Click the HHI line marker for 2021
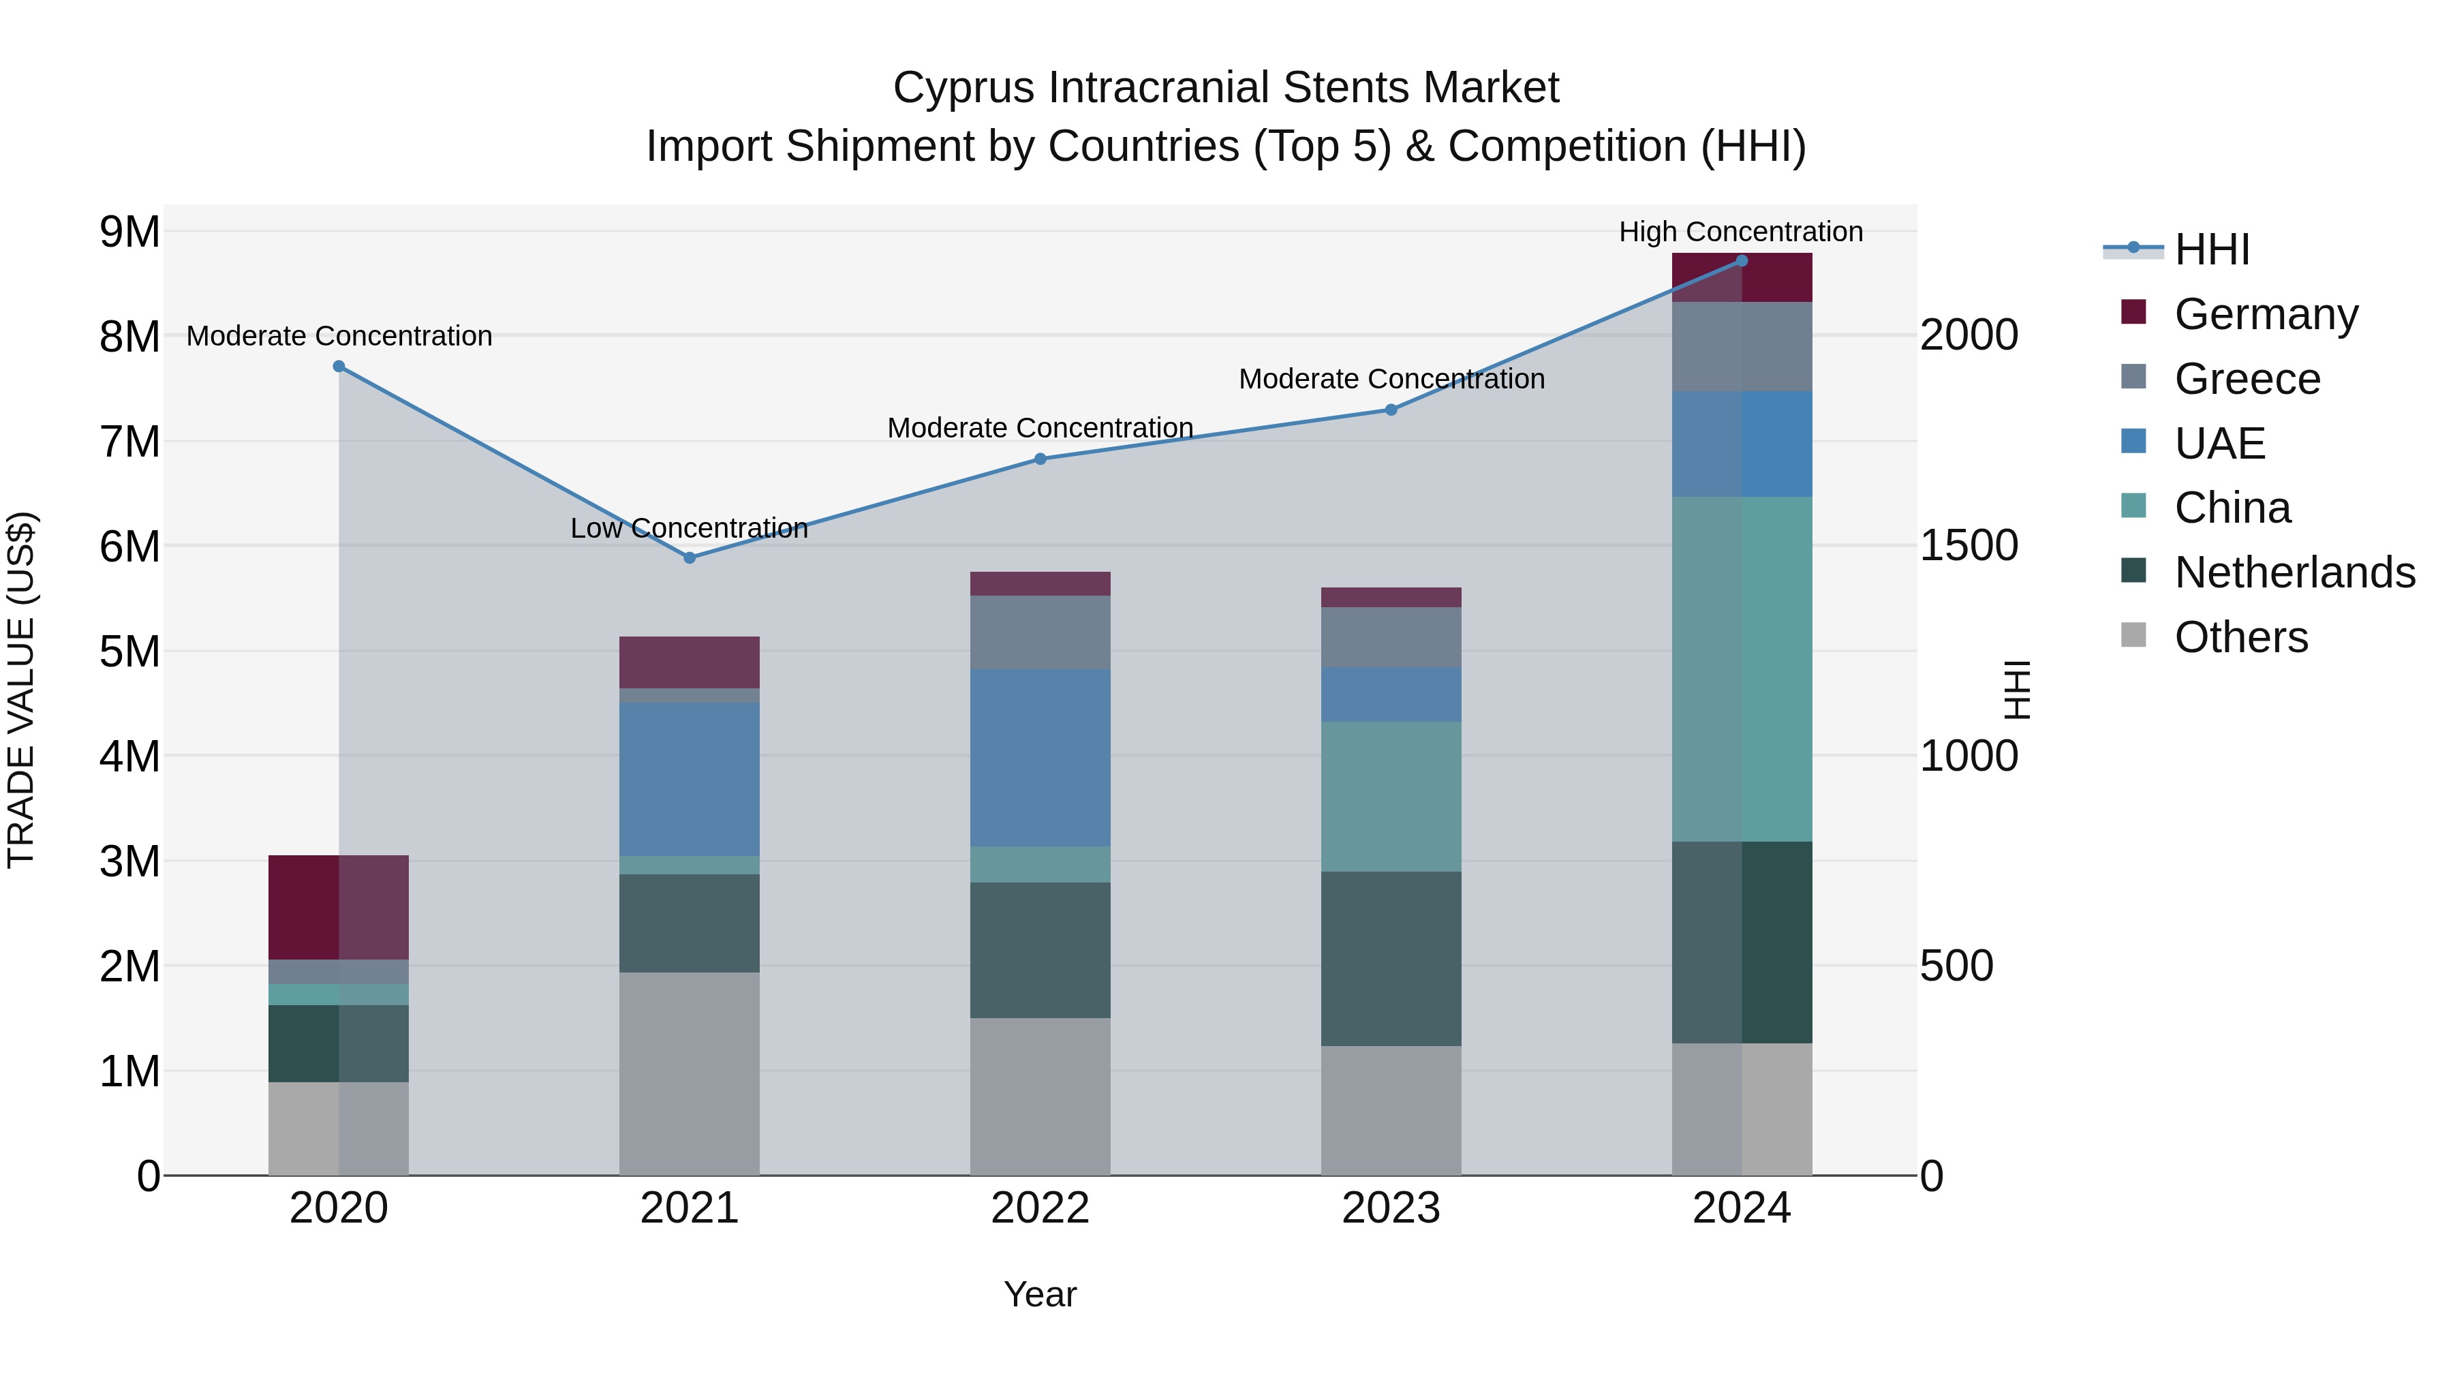click(x=690, y=558)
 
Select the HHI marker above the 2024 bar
click(x=1742, y=261)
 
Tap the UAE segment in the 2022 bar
click(x=1040, y=758)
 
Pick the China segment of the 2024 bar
click(x=1742, y=669)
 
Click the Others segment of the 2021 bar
click(x=690, y=1073)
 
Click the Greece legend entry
click(x=2247, y=379)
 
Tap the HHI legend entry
click(x=2211, y=249)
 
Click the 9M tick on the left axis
click(x=129, y=232)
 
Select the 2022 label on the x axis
click(x=1040, y=1208)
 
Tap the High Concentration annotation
click(x=1741, y=232)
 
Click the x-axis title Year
click(x=1040, y=1294)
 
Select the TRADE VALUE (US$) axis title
click(x=21, y=690)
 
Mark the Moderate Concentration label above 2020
click(x=339, y=336)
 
